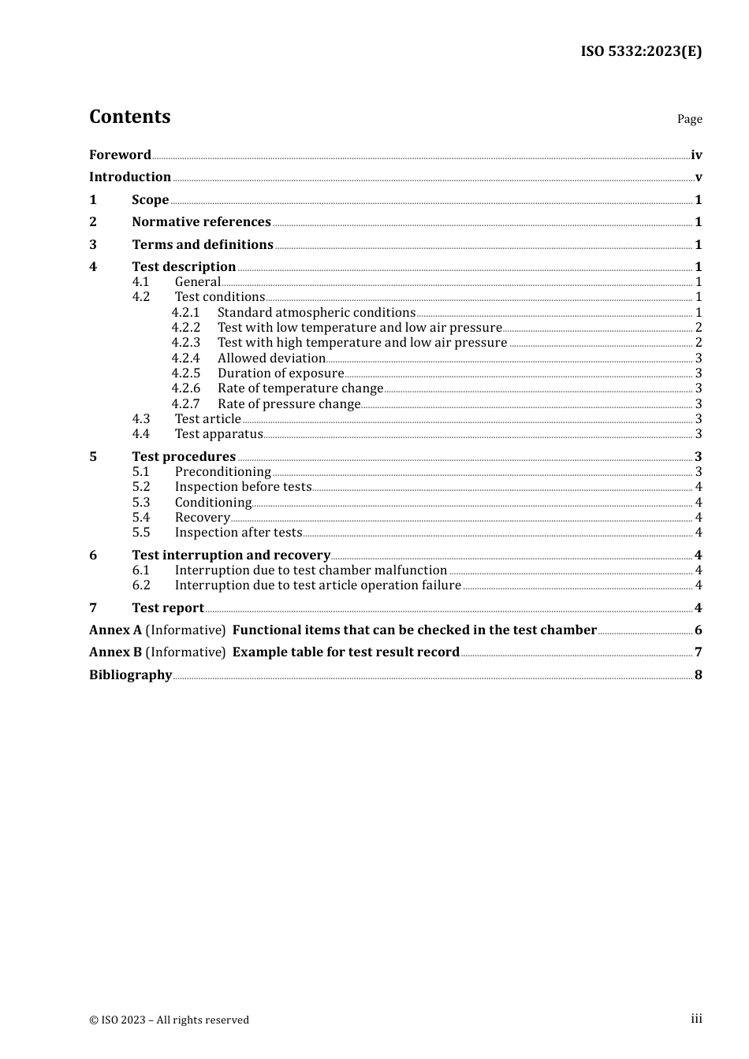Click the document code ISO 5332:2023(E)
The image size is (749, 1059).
pos(641,51)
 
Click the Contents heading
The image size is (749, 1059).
pos(130,117)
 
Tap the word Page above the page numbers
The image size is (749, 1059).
pos(689,119)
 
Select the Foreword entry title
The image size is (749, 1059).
pos(120,154)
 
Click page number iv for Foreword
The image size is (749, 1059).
pos(696,154)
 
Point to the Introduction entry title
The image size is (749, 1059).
pos(130,176)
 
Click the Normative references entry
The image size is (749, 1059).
pos(201,221)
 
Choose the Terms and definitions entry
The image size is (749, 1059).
pos(203,244)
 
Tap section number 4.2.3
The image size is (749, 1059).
pos(186,342)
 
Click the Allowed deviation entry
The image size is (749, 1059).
pos(271,358)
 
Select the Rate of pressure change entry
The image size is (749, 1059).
pos(289,403)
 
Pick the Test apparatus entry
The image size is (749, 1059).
pos(218,433)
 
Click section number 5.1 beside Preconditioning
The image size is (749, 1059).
pos(141,471)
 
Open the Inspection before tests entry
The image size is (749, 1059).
pos(243,486)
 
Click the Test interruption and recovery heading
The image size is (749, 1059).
pos(231,555)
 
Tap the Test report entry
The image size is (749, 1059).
pos(168,608)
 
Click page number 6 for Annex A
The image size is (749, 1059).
pos(698,630)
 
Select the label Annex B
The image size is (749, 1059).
pos(115,652)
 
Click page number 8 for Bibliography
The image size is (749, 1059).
pos(698,674)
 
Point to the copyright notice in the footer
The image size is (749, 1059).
pos(169,1020)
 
